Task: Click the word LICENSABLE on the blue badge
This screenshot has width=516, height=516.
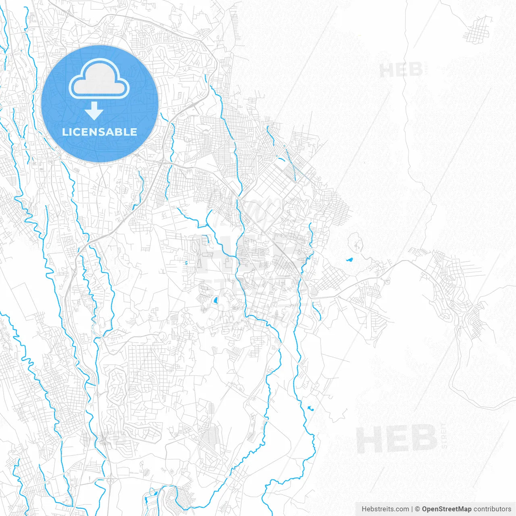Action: [x=100, y=132]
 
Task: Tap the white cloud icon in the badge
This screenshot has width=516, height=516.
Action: [x=99, y=79]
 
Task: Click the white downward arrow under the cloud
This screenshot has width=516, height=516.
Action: [x=94, y=110]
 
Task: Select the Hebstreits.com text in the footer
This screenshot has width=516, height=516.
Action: [x=385, y=509]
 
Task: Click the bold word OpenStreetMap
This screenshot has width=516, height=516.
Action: [x=447, y=509]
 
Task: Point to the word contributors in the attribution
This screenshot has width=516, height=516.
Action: [x=492, y=509]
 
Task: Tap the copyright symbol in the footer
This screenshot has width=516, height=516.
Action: [x=417, y=509]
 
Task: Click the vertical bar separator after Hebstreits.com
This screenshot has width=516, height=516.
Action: [x=412, y=509]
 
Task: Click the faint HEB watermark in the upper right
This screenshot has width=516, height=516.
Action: [x=401, y=70]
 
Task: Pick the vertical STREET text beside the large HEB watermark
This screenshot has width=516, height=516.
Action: [x=444, y=436]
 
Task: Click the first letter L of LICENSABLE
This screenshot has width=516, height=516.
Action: [x=65, y=132]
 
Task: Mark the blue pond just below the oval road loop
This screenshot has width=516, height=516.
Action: [x=349, y=260]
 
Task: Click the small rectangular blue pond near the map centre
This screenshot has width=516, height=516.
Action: [x=215, y=300]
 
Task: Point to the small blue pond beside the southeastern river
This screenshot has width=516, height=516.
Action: [x=310, y=408]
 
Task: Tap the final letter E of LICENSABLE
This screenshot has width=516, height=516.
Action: [x=134, y=132]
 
